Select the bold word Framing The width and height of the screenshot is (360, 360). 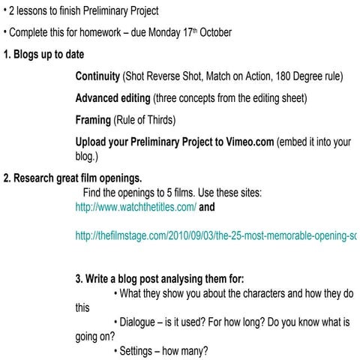click(93, 120)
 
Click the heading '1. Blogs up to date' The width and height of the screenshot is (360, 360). click(43, 55)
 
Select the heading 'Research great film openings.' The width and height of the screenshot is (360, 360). click(76, 178)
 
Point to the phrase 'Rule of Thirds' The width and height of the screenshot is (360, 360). click(151, 120)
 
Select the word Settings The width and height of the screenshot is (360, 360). click(139, 351)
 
